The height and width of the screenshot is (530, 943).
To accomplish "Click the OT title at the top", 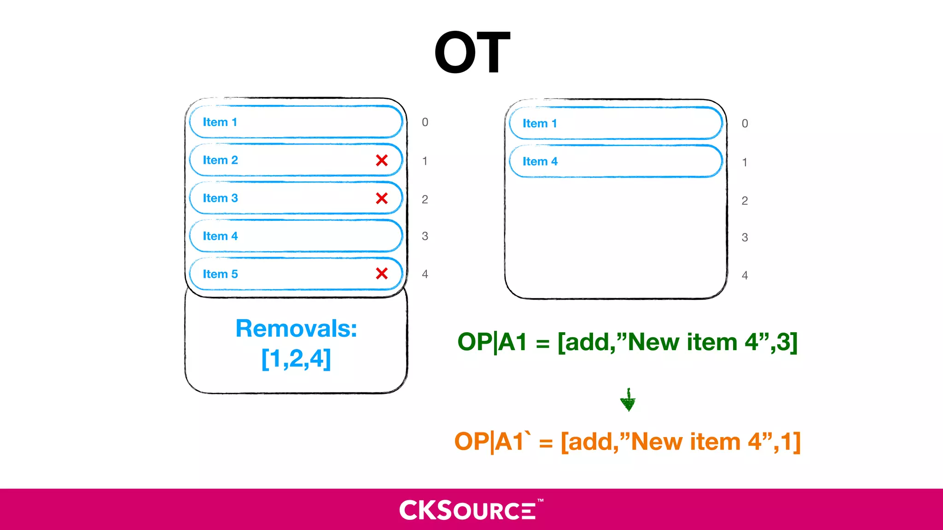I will (x=472, y=52).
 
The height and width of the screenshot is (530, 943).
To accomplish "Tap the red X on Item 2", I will (x=382, y=160).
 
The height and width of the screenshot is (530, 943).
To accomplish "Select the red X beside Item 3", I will (x=382, y=198).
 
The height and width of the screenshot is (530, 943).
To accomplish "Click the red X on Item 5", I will (x=382, y=273).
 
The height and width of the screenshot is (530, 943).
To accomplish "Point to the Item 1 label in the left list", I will (x=220, y=122).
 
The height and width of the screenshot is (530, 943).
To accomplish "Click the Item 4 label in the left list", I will (x=220, y=236).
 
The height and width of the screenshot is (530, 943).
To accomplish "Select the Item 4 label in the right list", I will (x=540, y=161).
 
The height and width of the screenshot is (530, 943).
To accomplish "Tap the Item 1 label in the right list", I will (x=540, y=123).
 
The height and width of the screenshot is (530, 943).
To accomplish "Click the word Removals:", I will (x=296, y=328).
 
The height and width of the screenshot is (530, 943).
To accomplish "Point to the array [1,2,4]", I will (x=296, y=359).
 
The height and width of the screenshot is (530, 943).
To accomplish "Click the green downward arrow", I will (x=628, y=400).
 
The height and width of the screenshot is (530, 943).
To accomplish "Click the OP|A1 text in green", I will (x=492, y=342).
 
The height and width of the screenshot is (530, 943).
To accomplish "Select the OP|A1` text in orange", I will (x=492, y=441).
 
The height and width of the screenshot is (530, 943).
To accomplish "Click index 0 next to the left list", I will (x=425, y=122).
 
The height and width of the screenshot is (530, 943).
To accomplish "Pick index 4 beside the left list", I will (x=425, y=274).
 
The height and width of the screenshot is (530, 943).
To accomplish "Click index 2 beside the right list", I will (x=745, y=201).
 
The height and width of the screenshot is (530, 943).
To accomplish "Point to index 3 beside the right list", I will (x=745, y=237).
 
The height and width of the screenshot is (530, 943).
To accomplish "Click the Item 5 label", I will (x=220, y=274).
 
